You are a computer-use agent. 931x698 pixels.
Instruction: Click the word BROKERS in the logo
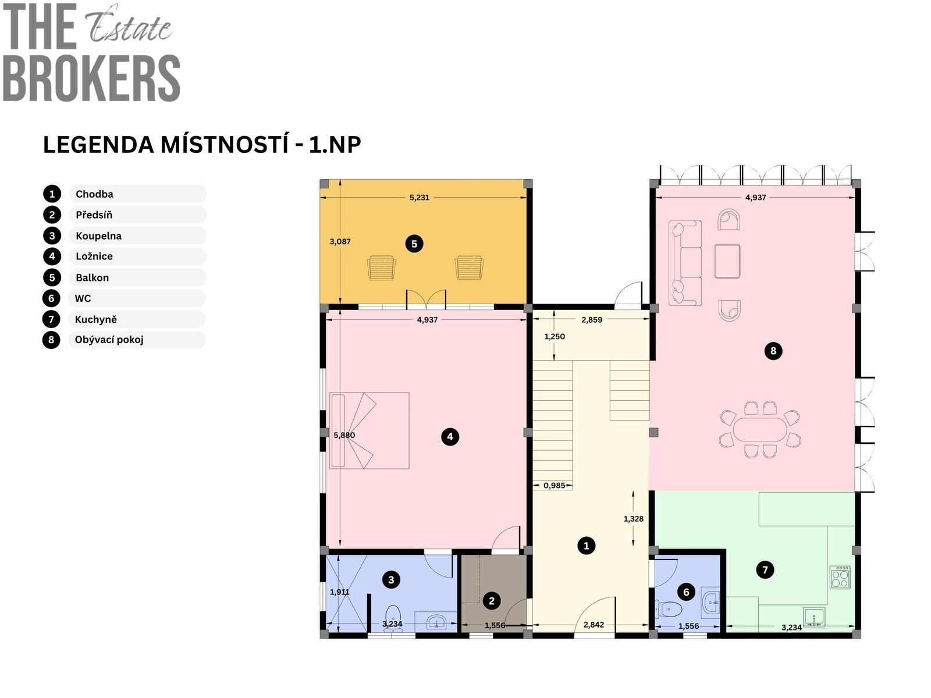91,78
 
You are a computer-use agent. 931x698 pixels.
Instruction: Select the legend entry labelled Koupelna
98,236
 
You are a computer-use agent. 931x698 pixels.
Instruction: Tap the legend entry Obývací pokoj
109,340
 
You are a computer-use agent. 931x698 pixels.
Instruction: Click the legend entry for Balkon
92,277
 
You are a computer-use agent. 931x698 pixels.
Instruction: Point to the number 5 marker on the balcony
414,244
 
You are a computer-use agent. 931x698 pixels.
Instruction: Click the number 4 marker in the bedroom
450,436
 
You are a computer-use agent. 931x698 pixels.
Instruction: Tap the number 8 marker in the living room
773,351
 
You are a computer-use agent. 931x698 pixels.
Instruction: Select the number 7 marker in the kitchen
765,569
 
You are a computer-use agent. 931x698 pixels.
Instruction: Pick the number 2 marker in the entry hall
492,600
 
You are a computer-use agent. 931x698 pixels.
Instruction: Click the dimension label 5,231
420,198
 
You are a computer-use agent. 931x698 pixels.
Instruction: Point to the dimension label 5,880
344,435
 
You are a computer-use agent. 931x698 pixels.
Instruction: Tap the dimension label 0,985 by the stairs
555,486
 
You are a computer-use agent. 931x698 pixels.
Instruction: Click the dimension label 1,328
633,519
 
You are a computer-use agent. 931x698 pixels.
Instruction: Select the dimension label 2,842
594,625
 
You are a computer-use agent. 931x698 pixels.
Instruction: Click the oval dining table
760,429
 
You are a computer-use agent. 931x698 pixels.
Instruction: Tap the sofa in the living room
684,263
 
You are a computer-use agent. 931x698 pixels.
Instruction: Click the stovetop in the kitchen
840,577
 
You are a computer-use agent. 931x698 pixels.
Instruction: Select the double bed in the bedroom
369,430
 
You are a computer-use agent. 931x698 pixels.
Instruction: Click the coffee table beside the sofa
727,261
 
